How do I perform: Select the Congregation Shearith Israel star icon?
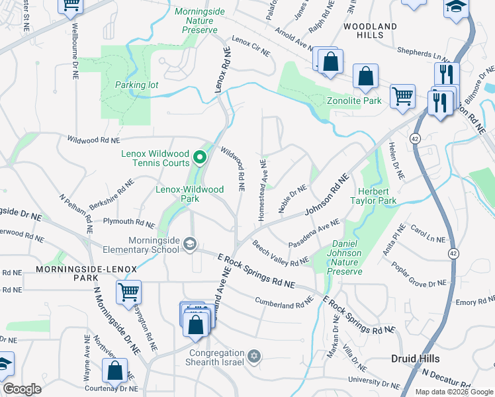[x=252, y=357]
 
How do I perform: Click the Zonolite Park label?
[x=355, y=101]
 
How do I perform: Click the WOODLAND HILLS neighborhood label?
[x=371, y=30]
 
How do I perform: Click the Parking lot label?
[x=136, y=85]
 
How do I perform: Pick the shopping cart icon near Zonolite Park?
[x=402, y=97]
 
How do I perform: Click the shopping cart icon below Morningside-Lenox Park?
[x=128, y=292]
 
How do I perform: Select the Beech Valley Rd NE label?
[x=281, y=253]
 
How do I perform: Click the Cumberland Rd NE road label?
[x=284, y=301]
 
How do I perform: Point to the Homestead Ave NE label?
[x=262, y=190]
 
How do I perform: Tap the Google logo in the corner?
[x=22, y=389]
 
